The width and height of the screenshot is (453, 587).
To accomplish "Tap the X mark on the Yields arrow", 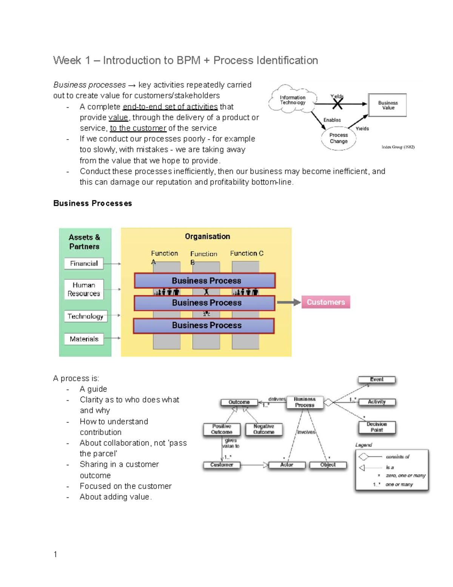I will pos(337,104).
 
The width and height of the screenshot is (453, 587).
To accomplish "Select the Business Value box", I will pos(388,105).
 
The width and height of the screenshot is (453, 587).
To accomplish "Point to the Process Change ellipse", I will pos(339,138).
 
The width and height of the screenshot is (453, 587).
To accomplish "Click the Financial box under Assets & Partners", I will pos(84,263).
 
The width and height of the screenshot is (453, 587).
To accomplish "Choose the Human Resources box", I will pos(84,289).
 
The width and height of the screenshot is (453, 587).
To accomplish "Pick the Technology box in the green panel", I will pos(85,316).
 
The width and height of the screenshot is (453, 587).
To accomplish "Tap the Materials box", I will pos(84,339).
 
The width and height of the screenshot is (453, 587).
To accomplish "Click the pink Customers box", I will pos(326,302).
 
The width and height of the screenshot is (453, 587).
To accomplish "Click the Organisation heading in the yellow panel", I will pos(207,237).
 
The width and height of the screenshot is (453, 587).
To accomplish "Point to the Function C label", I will pos(247,253).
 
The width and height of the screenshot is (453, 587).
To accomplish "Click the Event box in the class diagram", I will pos(377,379).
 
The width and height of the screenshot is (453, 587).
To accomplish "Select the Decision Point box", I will pos(377,427).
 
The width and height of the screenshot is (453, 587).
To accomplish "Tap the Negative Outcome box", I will pos(264,429).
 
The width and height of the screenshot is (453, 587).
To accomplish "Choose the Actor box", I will pos(287,465).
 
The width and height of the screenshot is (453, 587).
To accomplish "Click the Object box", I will pos(328,465).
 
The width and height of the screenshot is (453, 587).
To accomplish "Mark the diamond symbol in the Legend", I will pos(363,457).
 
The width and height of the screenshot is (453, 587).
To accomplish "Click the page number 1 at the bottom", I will pos(55,554).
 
